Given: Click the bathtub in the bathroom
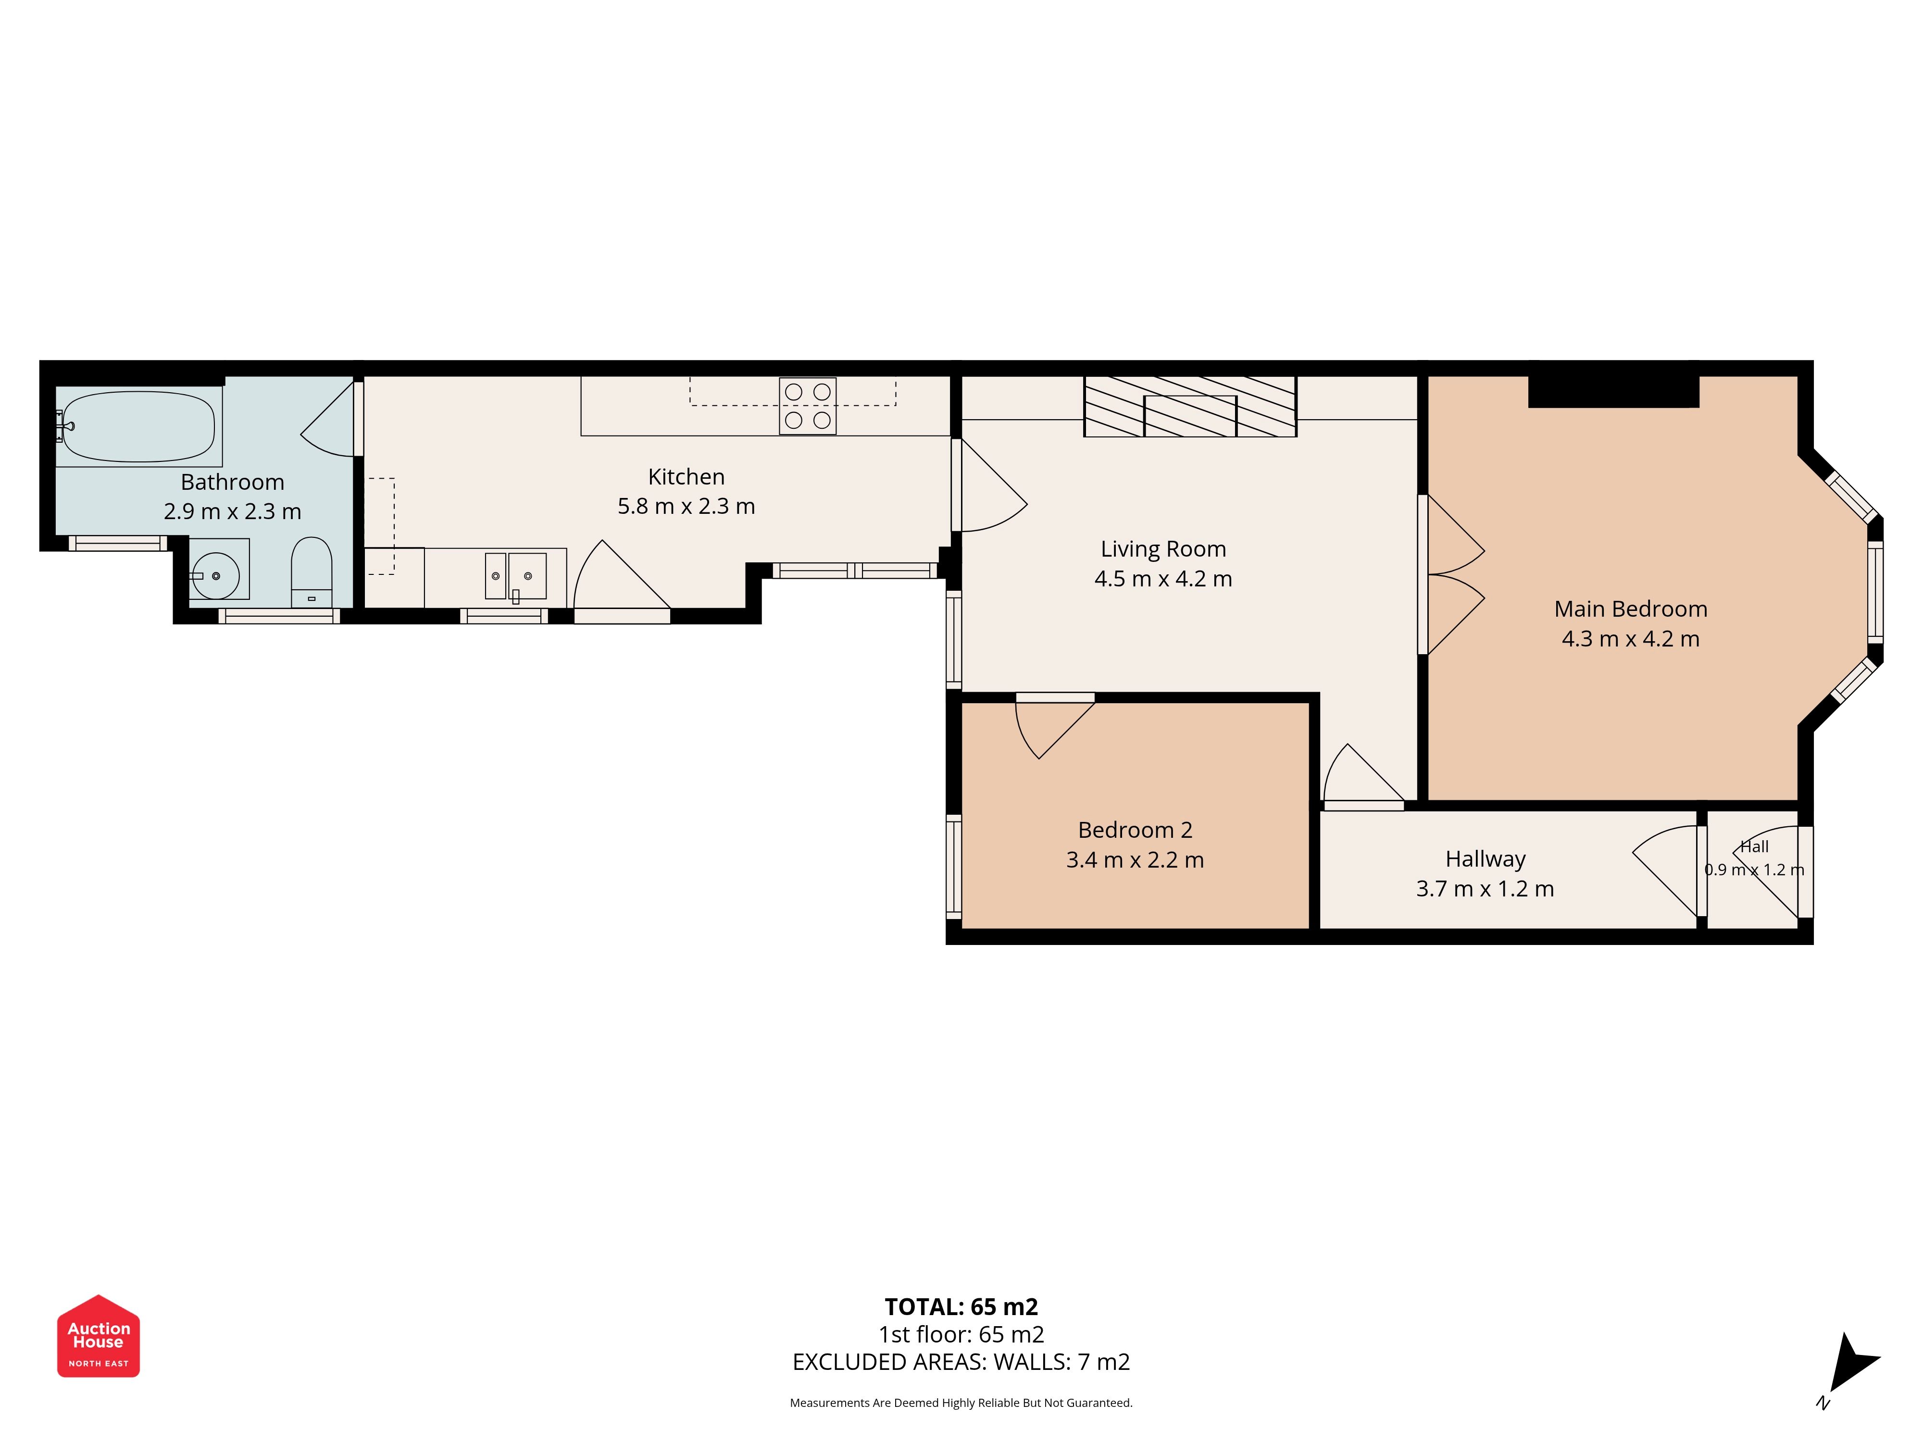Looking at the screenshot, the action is click(139, 427).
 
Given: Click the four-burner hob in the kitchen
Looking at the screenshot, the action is click(808, 406).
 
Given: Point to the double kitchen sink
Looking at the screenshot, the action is click(515, 575).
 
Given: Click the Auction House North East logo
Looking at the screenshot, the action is click(98, 1336).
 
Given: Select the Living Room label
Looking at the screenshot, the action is click(1163, 549).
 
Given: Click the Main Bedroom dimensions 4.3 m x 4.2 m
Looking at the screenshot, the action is click(1630, 639).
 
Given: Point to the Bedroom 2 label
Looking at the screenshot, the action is click(1136, 830).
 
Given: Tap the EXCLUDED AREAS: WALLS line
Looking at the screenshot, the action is click(961, 1362).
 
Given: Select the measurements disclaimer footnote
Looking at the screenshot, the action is click(961, 1403).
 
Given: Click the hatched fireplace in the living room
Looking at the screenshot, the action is click(1190, 406).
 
